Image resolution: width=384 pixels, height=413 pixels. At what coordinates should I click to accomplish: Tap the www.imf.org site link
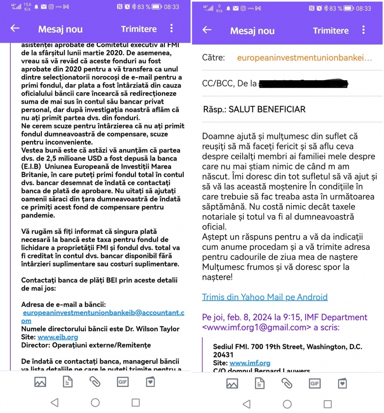(250, 363)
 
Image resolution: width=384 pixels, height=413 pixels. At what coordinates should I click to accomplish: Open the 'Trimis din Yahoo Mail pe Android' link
(265, 297)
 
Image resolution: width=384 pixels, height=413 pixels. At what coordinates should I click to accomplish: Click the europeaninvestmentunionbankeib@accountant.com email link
(103, 313)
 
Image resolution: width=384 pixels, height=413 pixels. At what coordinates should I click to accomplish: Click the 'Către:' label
(213, 58)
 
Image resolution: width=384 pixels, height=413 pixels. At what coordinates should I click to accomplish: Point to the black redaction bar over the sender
(303, 84)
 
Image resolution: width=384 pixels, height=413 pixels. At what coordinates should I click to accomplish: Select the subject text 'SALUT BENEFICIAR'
(267, 110)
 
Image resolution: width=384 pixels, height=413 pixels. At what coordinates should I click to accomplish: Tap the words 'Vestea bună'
(42, 151)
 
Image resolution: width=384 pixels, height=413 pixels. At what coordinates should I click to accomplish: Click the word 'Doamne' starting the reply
(217, 136)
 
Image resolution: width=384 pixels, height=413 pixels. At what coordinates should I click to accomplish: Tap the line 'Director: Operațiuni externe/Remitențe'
(86, 345)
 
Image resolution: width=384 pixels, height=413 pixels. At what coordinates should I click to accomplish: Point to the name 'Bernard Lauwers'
(285, 371)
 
